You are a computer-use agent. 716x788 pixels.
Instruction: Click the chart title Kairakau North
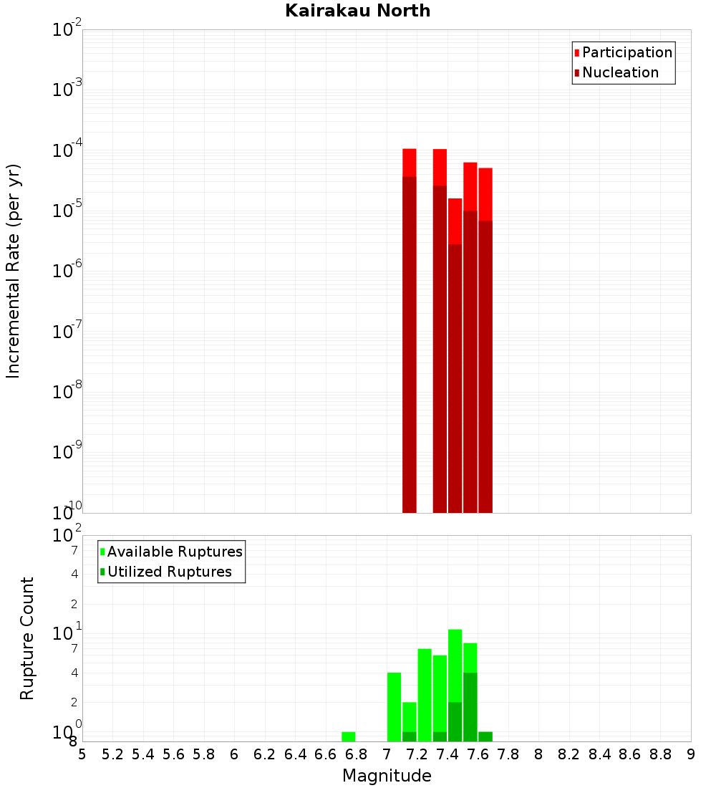click(357, 11)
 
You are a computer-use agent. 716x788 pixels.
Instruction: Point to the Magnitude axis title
click(387, 776)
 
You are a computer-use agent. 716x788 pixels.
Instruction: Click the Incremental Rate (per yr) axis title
click(14, 271)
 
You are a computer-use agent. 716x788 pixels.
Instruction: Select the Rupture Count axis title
click(27, 638)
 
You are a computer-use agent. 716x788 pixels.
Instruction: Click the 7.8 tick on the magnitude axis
click(508, 754)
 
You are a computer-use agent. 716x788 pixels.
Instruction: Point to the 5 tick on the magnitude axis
click(82, 754)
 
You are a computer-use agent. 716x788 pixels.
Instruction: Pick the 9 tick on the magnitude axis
click(691, 754)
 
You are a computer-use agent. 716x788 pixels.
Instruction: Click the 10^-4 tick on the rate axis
click(67, 150)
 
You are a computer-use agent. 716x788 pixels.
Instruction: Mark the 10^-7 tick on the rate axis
click(67, 332)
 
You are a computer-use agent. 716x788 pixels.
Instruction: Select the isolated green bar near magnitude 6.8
click(349, 736)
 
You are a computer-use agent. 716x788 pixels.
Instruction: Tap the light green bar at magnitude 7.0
click(394, 706)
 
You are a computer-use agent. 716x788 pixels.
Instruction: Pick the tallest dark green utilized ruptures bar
click(470, 706)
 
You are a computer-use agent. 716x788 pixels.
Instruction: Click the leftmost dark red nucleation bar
click(410, 344)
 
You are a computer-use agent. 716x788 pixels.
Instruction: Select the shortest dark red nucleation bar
click(455, 380)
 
